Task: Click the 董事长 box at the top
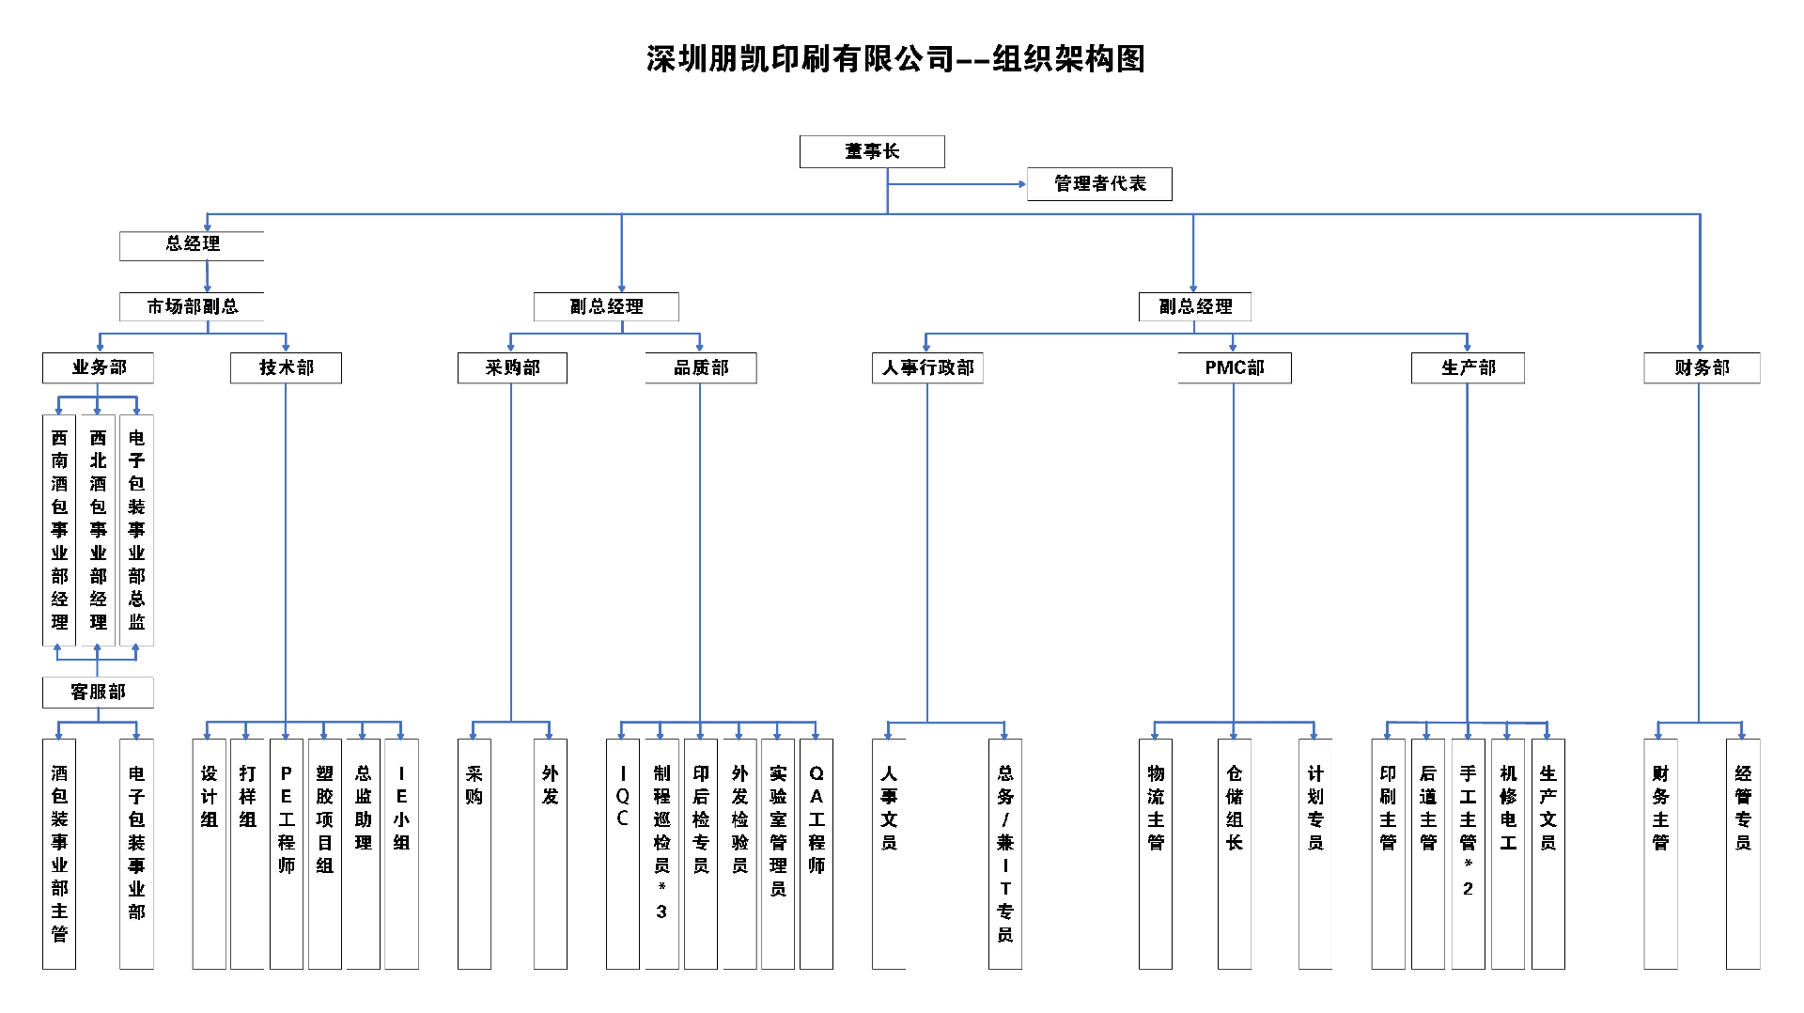tap(872, 151)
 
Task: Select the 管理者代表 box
tap(1099, 184)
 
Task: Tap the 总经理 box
tap(192, 244)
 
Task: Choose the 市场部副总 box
tap(192, 306)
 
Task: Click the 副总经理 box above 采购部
tap(606, 306)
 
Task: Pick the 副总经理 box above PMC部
tap(1194, 306)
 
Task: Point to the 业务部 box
tap(98, 367)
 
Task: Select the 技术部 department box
tap(286, 367)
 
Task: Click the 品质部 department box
tap(701, 367)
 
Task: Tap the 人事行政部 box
tap(927, 367)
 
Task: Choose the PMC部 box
tap(1235, 367)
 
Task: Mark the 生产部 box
tap(1468, 367)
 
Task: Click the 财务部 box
tap(1702, 367)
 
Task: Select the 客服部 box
tap(98, 693)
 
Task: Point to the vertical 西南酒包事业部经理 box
tap(59, 530)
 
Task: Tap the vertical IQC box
tap(622, 853)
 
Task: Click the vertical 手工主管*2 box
tap(1468, 853)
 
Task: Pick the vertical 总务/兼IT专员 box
tap(1005, 853)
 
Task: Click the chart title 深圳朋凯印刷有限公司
tap(800, 59)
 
